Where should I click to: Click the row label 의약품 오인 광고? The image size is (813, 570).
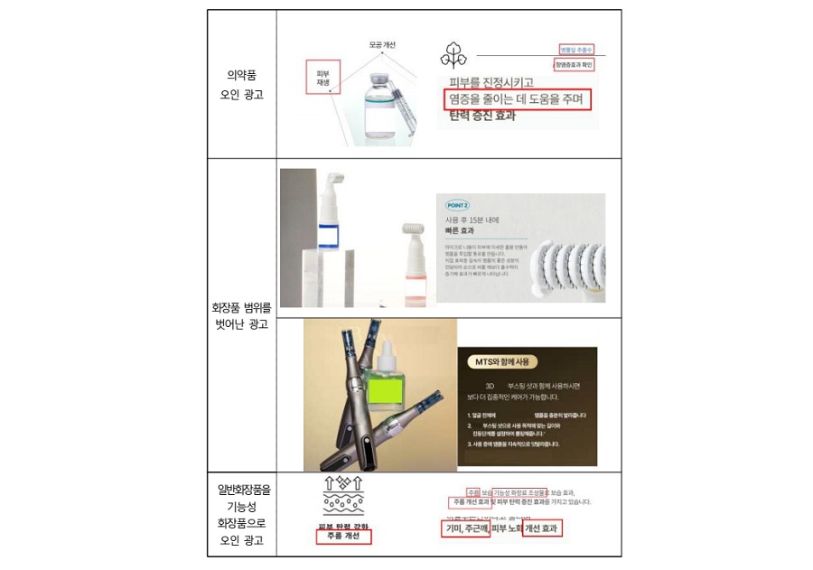coord(241,85)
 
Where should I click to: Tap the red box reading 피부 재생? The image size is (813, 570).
coord(322,78)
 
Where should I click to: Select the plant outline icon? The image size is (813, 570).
coord(453,55)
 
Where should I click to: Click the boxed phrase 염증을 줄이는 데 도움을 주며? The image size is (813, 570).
coord(518,98)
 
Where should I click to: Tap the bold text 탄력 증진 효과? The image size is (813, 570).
coord(487,116)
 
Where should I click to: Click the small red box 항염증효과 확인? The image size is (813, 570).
coord(578,65)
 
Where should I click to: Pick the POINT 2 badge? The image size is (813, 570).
coord(458,205)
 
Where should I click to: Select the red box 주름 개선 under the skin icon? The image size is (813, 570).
coord(343,536)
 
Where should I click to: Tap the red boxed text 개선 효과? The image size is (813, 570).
coord(542,528)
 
